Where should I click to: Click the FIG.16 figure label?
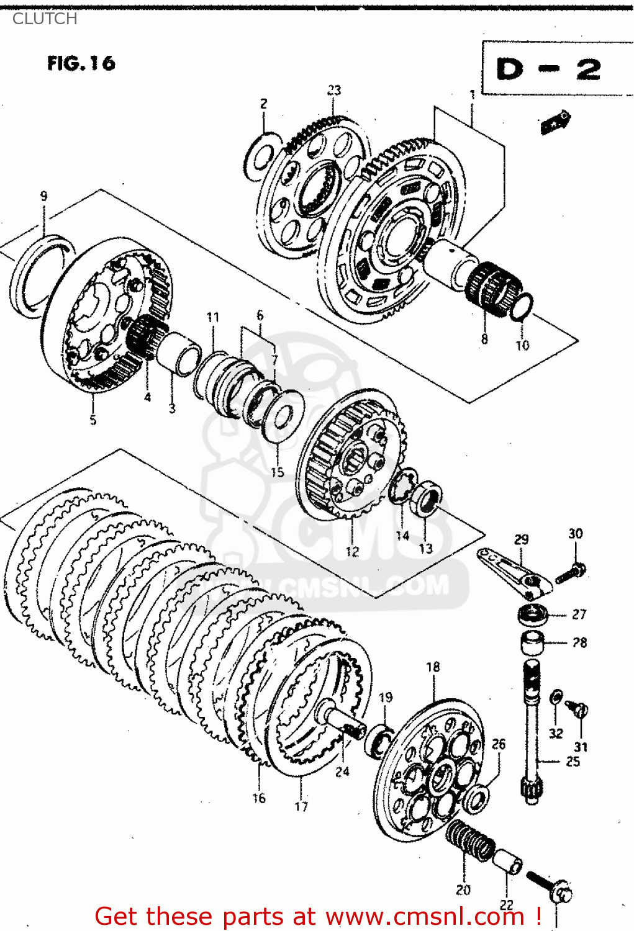[81, 63]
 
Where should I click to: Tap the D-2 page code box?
[549, 69]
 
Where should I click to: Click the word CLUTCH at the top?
[45, 19]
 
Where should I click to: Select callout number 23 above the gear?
[334, 90]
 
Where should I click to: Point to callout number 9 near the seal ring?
[43, 196]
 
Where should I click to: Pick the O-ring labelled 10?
[522, 307]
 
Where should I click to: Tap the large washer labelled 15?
[283, 415]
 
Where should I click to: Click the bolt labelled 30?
[571, 572]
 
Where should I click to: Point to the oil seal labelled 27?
[533, 615]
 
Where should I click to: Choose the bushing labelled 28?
[532, 642]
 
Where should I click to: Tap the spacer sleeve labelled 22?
[507, 863]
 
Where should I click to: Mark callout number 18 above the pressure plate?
[433, 667]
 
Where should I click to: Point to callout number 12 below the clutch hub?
[352, 551]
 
